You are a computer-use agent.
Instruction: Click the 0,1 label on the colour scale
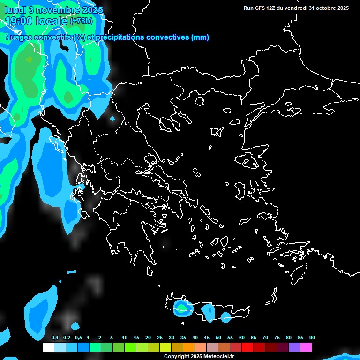click(55, 337)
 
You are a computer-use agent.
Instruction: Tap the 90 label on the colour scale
click(312, 337)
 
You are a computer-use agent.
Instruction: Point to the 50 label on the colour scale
click(218, 337)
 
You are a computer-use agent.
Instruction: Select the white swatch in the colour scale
click(48, 347)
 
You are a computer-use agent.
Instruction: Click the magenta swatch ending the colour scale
click(306, 347)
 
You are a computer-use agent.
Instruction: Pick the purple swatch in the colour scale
click(294, 347)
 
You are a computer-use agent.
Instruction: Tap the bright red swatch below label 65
click(247, 347)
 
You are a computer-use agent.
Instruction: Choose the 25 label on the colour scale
click(160, 337)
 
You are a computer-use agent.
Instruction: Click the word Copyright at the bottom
click(177, 357)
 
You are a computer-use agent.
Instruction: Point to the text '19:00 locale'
click(36, 21)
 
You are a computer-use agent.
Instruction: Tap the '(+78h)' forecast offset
click(81, 21)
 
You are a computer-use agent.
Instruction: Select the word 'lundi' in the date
click(15, 9)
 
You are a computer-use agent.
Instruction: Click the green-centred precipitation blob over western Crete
click(180, 308)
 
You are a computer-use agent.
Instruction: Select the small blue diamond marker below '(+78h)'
click(112, 119)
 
